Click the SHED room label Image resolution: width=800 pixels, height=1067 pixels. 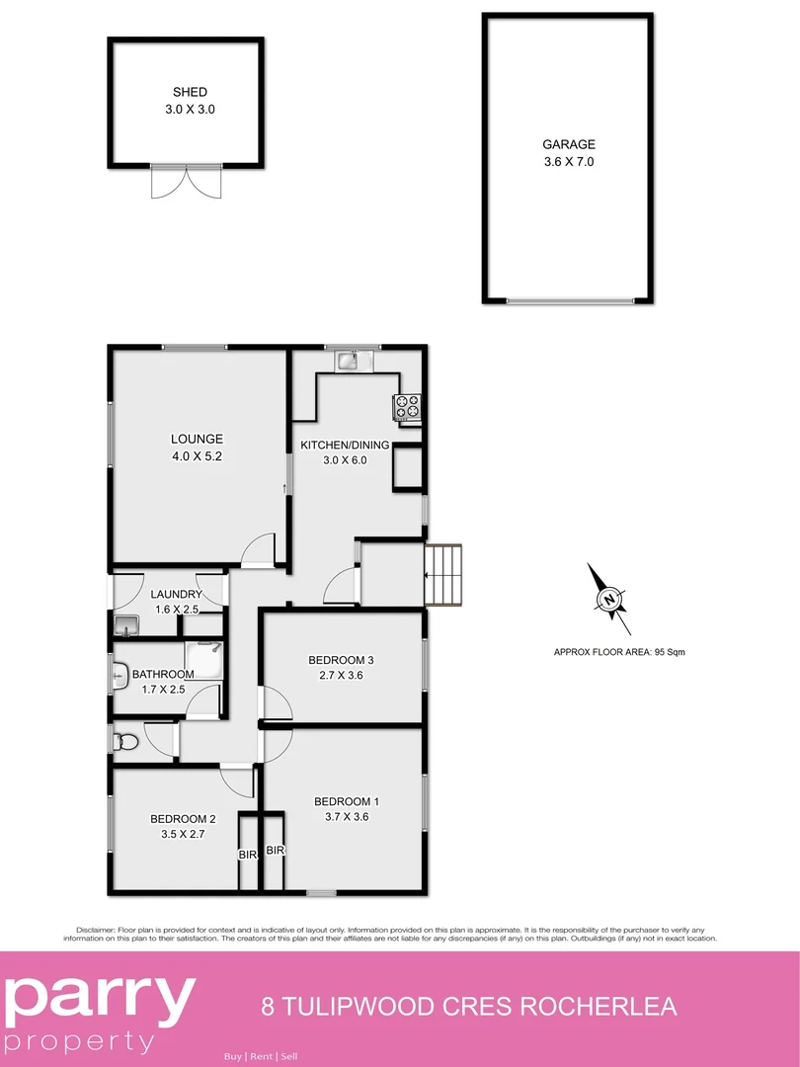pos(190,93)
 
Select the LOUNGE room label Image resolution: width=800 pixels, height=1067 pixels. pos(197,439)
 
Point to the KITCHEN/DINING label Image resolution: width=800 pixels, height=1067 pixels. pos(345,446)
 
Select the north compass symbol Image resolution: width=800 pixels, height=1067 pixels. pos(609,599)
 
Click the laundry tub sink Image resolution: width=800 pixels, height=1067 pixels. pos(125,624)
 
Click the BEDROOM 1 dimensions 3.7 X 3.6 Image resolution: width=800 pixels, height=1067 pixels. pos(347,817)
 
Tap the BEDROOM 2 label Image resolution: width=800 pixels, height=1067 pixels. pos(183,819)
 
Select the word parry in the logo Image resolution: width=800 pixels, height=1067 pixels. pos(99,1000)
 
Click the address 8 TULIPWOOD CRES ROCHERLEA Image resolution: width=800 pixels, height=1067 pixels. pos(469,1008)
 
